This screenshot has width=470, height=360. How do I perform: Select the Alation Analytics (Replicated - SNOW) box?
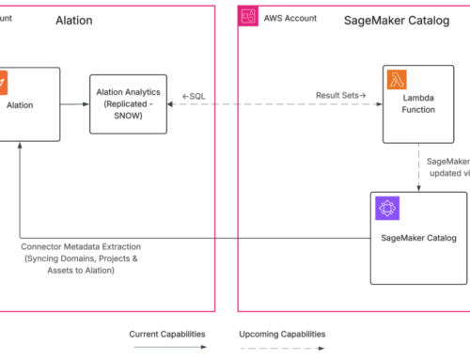click(x=127, y=104)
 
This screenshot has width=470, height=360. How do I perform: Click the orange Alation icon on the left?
click(x=4, y=80)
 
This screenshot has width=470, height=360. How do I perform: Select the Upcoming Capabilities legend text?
click(x=281, y=333)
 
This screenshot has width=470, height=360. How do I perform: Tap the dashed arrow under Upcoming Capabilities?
click(x=281, y=348)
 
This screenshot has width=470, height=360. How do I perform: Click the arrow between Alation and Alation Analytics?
click(x=74, y=104)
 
